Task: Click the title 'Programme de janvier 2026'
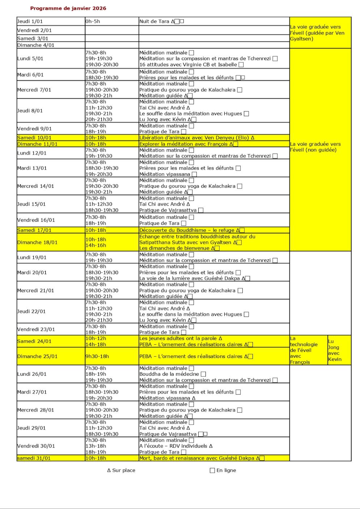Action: click(x=68, y=8)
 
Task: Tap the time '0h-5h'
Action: click(x=93, y=21)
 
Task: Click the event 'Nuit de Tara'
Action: click(x=154, y=21)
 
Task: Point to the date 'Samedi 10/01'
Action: click(x=34, y=138)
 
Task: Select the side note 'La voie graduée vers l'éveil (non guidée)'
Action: click(x=315, y=147)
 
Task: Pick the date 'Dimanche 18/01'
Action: click(x=37, y=242)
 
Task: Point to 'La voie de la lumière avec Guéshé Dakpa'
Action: click(x=190, y=278)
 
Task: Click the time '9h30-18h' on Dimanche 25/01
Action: click(x=97, y=356)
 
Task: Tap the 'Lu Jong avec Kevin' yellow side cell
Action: click(x=334, y=350)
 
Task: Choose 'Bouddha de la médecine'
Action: click(x=169, y=374)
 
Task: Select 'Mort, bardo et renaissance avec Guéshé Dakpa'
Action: click(x=197, y=458)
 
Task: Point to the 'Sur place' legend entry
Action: click(x=121, y=470)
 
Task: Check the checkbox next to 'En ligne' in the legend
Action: click(x=212, y=470)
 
